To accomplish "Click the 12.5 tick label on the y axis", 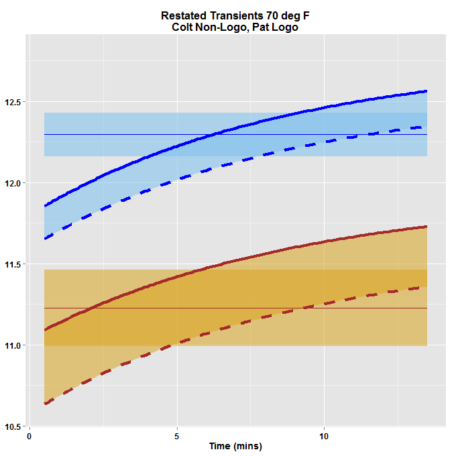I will [x=13, y=102].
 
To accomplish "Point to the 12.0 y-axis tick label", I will [x=13, y=183].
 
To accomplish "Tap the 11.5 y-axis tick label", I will [x=13, y=264].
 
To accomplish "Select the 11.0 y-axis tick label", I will [x=13, y=345].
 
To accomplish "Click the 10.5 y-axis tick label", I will [x=13, y=426].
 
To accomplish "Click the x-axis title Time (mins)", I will [x=235, y=446].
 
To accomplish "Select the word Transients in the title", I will [x=235, y=15].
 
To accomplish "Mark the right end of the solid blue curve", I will [x=427, y=91].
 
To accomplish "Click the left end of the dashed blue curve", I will [x=44, y=239].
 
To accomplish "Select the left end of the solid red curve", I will [x=44, y=330].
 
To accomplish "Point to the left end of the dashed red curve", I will [x=44, y=404].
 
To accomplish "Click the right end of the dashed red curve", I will [x=427, y=287].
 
